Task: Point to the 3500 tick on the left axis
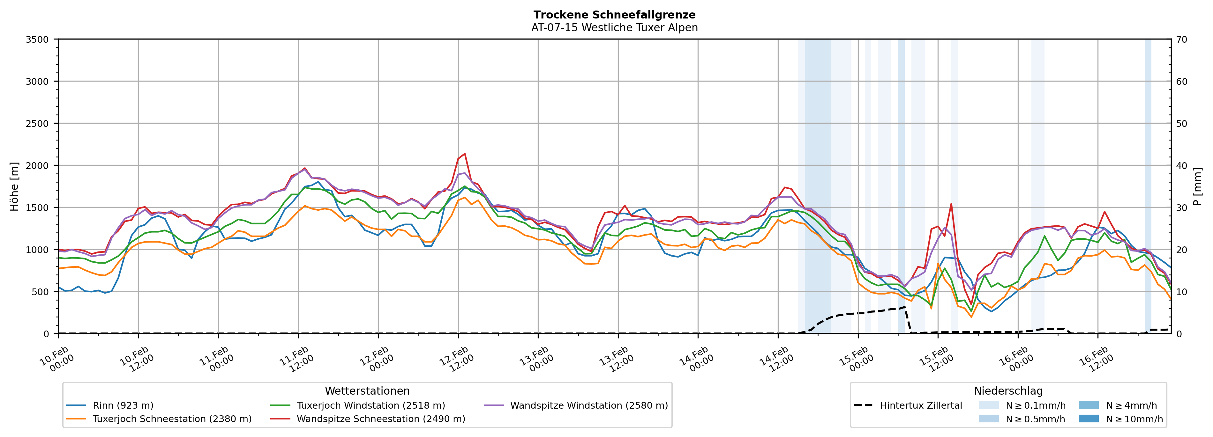click(37, 40)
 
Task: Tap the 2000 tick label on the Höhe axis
click(37, 165)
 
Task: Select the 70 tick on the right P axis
click(1181, 40)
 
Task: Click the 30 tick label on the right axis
click(1181, 208)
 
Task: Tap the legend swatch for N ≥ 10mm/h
click(1089, 419)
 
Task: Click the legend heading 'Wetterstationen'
click(367, 391)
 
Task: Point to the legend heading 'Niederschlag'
click(1008, 391)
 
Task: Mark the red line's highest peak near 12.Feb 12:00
click(465, 153)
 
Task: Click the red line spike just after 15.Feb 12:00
click(951, 204)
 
